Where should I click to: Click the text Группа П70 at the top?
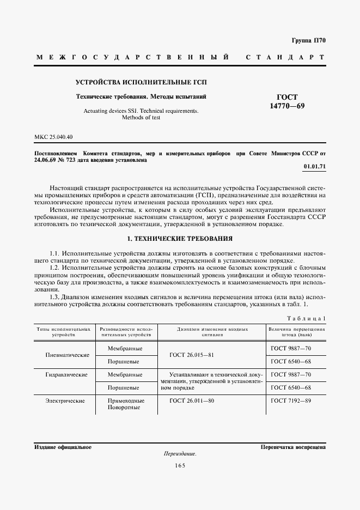point(308,40)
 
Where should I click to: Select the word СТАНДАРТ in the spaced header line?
point(286,57)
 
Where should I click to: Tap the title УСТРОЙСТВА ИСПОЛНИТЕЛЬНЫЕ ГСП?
point(141,83)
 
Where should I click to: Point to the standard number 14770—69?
point(287,106)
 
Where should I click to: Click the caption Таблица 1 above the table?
point(306,318)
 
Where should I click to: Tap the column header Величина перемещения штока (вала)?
point(297,332)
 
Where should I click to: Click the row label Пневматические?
point(67,355)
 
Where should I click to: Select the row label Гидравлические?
point(67,375)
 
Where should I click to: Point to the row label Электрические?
point(67,401)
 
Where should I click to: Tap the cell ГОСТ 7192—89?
point(291,401)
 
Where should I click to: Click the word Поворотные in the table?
point(125,408)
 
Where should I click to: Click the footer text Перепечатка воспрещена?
point(293,447)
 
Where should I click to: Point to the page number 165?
point(180,465)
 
